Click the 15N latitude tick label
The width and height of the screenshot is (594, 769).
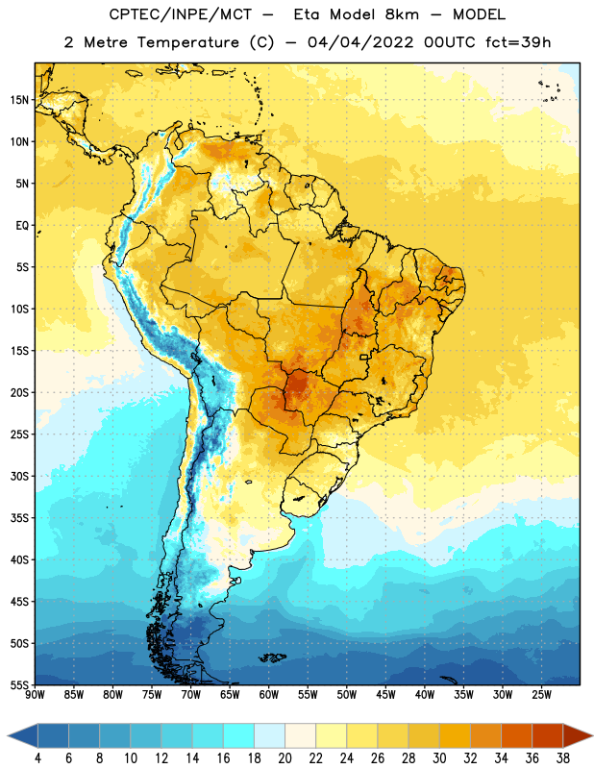point(19,100)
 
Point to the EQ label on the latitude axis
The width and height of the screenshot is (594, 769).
point(22,226)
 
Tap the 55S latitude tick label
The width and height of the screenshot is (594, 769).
point(19,685)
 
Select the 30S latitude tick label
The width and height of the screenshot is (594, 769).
point(19,476)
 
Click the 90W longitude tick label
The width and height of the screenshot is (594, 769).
point(35,695)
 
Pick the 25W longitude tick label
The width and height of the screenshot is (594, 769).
point(541,695)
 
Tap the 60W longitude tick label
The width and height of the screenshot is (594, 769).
point(269,695)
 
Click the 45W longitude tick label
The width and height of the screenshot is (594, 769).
point(385,695)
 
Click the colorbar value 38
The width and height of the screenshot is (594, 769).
point(562,758)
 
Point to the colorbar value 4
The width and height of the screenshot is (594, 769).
point(37,758)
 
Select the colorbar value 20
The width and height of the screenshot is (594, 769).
point(285,758)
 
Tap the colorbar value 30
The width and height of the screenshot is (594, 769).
point(439,758)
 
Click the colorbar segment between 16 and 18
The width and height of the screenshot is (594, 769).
point(239,735)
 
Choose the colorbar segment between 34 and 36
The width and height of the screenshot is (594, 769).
point(516,735)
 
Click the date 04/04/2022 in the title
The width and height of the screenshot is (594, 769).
point(360,42)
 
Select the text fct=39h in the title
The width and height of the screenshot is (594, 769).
point(518,42)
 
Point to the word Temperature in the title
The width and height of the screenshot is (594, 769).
point(187,42)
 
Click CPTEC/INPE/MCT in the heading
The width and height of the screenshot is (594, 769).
point(181,14)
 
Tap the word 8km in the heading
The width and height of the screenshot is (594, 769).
point(402,14)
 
